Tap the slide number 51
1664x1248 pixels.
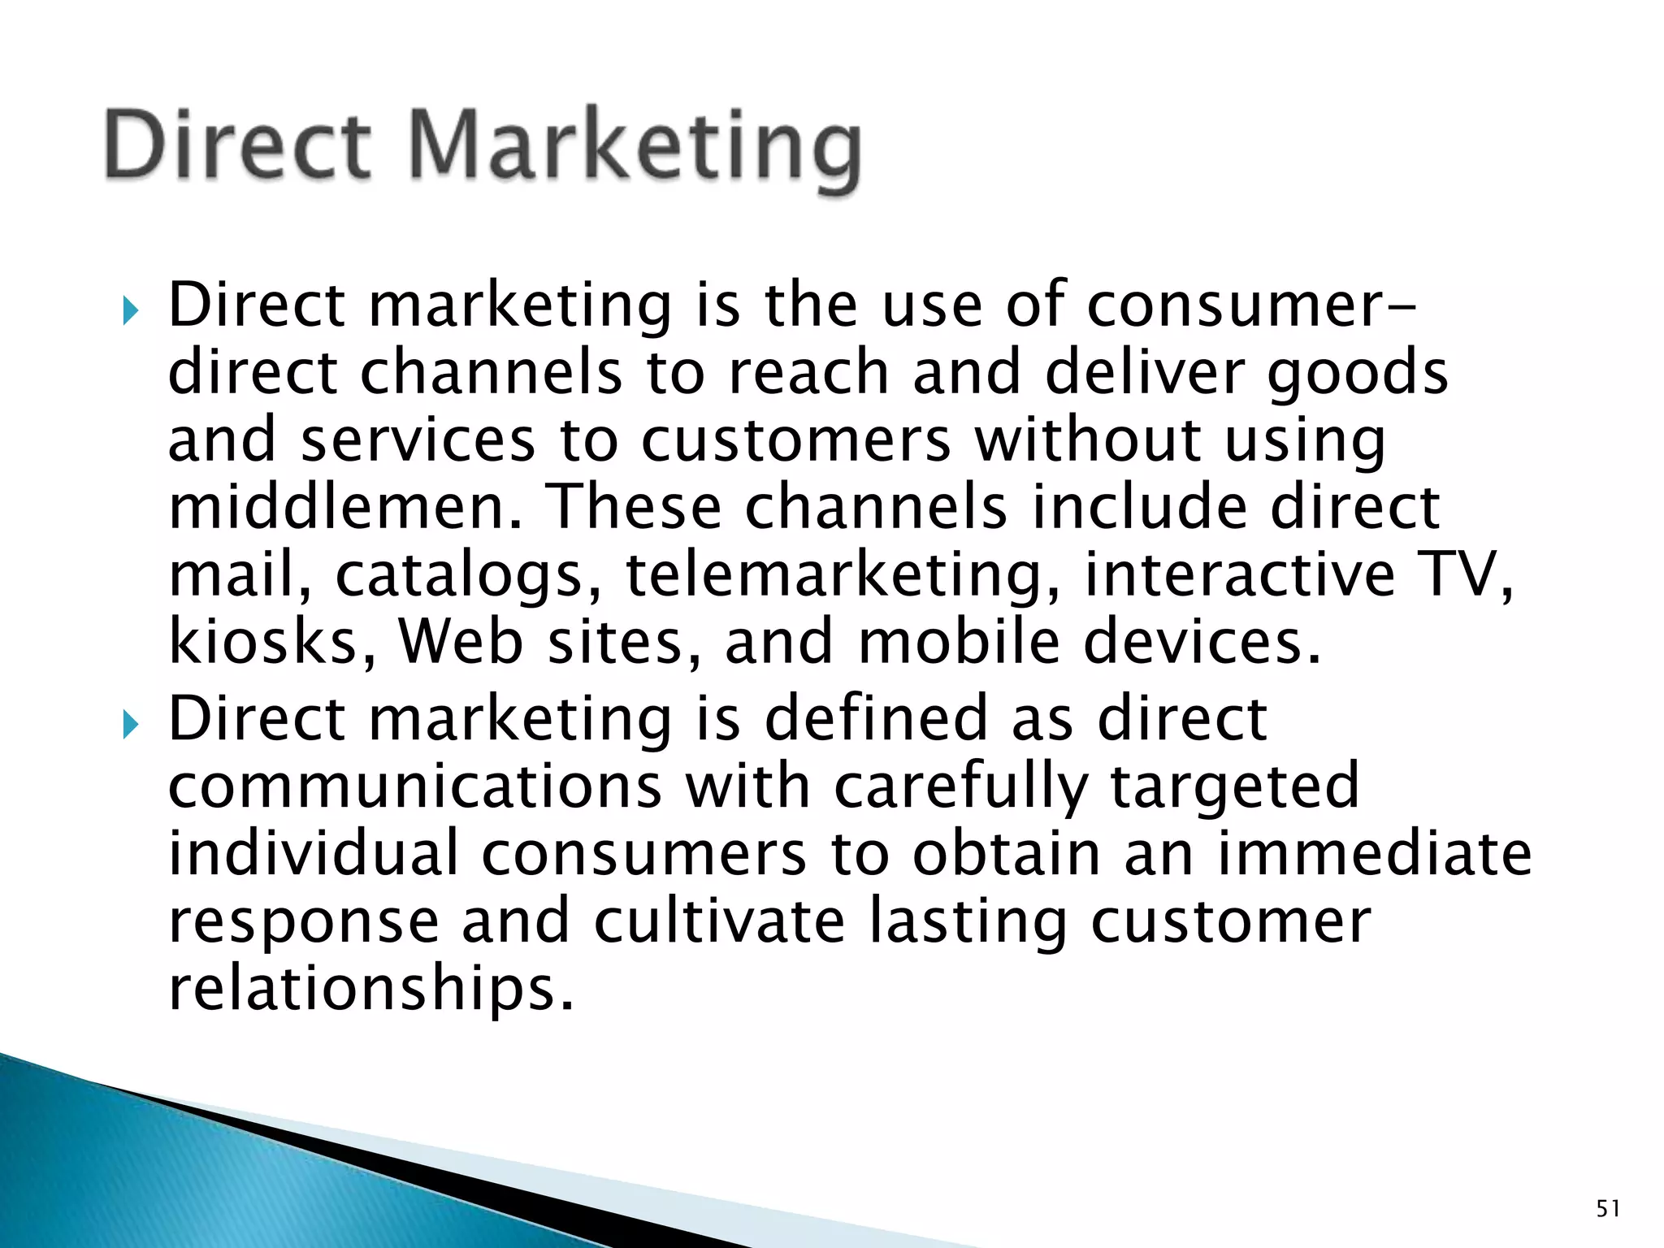coord(1608,1209)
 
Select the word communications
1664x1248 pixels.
coord(414,786)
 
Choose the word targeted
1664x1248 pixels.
coord(1234,787)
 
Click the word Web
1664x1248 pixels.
coord(461,642)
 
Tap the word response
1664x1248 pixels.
coord(304,921)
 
